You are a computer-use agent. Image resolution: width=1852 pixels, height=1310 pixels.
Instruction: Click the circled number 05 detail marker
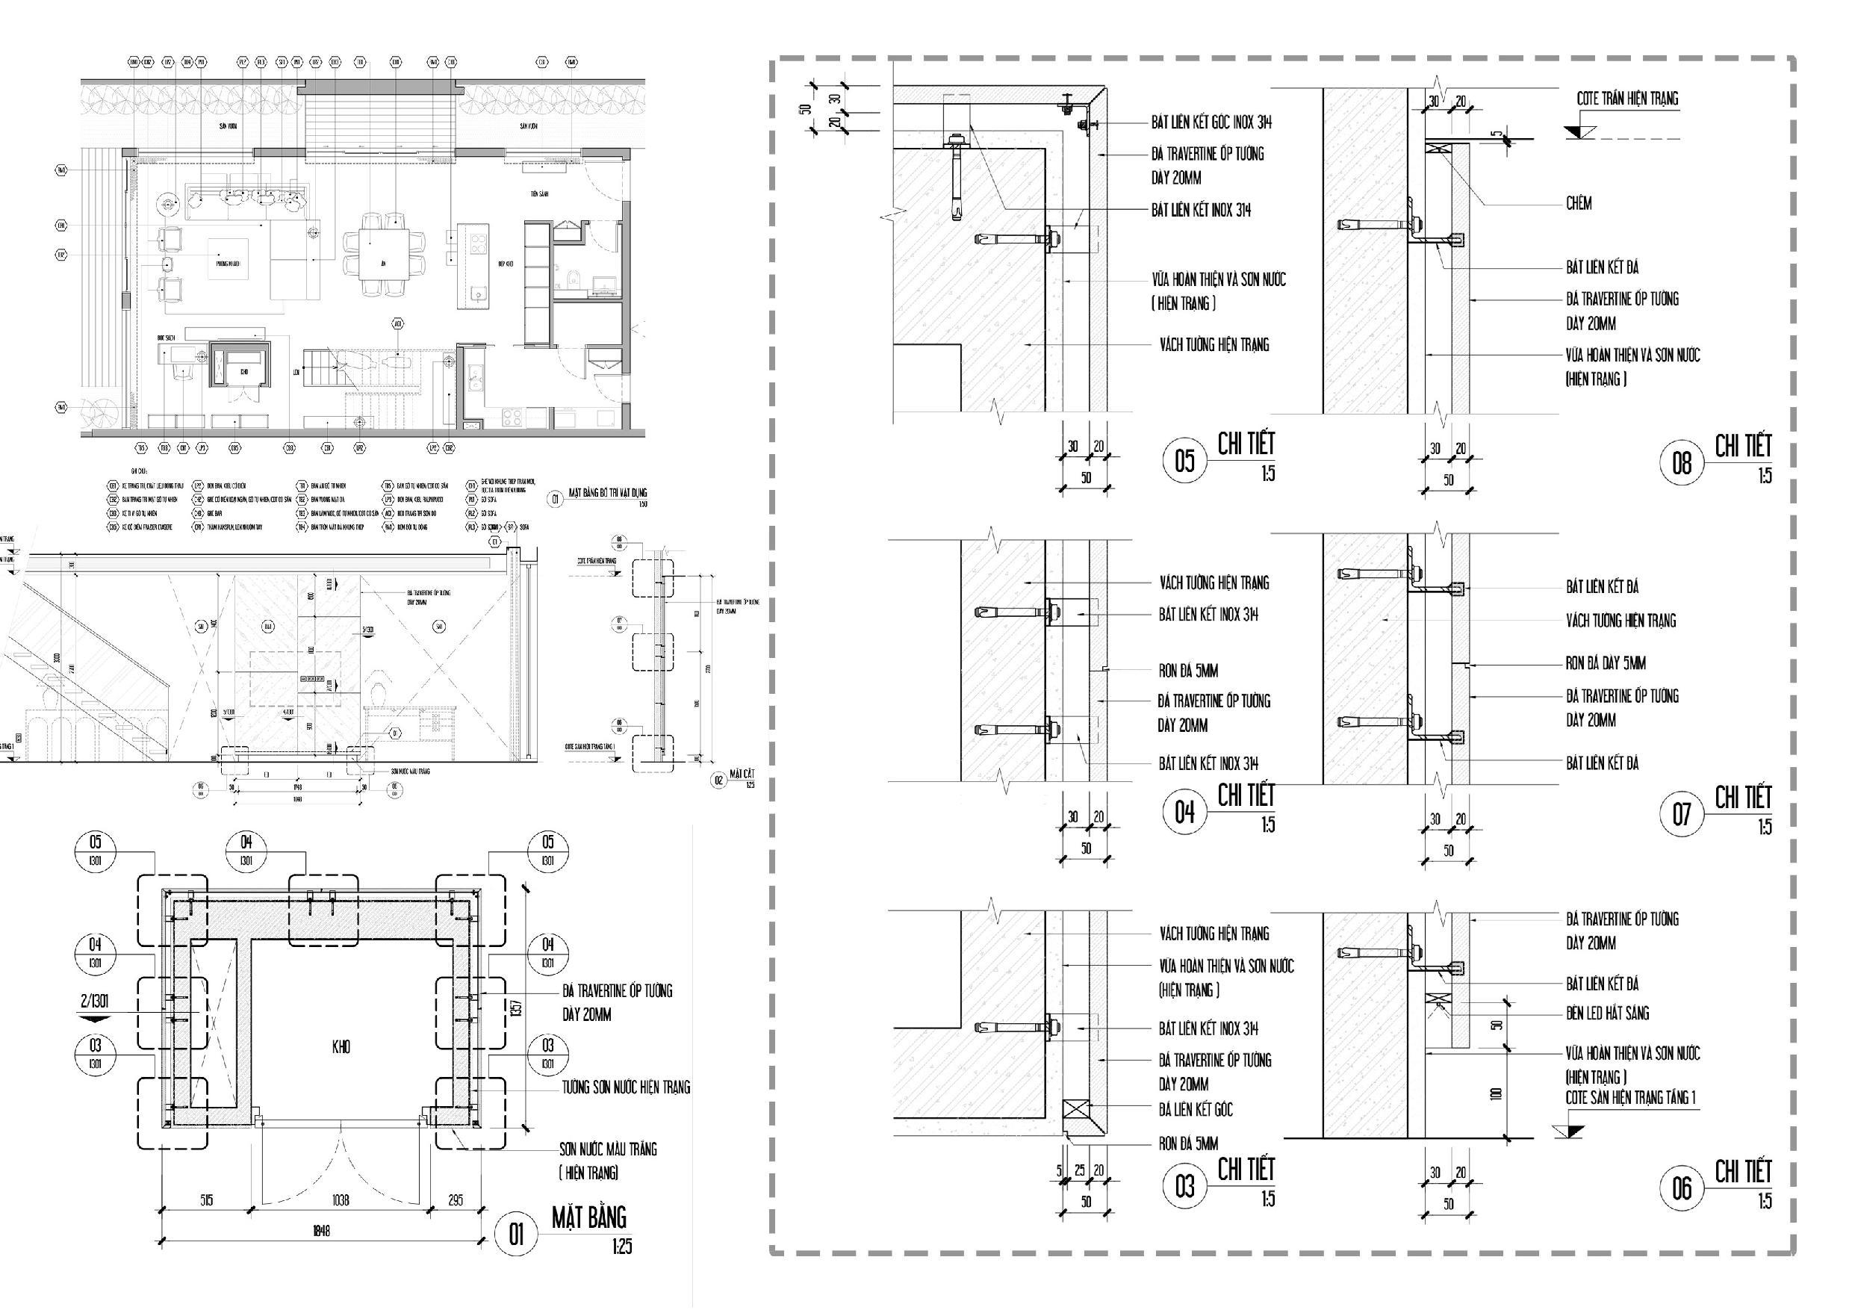pyautogui.click(x=1184, y=462)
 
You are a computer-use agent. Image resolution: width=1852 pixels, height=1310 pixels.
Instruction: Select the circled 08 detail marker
pyautogui.click(x=1681, y=463)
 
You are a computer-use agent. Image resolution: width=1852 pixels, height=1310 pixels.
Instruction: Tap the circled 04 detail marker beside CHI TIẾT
pyautogui.click(x=1184, y=813)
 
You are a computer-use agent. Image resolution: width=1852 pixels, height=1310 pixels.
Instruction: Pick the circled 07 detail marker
pyautogui.click(x=1681, y=814)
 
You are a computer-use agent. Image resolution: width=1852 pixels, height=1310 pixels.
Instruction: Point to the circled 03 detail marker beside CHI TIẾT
pyautogui.click(x=1184, y=1187)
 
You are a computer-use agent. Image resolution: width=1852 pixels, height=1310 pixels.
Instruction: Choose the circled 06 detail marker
pyautogui.click(x=1681, y=1188)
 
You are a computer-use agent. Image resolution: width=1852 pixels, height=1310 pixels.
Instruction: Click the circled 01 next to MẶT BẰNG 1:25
pyautogui.click(x=515, y=1235)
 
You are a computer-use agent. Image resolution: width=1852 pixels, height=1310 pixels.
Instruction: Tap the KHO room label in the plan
pyautogui.click(x=341, y=1048)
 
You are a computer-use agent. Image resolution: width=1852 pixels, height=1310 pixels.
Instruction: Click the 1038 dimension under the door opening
pyautogui.click(x=341, y=1200)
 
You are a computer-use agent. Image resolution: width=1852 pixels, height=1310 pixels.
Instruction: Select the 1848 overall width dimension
pyautogui.click(x=321, y=1231)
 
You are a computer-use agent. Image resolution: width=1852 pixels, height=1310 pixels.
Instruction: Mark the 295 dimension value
pyautogui.click(x=455, y=1200)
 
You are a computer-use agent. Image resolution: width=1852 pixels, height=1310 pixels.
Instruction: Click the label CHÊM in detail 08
pyautogui.click(x=1579, y=204)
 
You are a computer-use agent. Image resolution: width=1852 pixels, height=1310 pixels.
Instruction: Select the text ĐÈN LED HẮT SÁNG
pyautogui.click(x=1608, y=1013)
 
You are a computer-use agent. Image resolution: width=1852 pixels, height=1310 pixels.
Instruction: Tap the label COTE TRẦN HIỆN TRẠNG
pyautogui.click(x=1628, y=99)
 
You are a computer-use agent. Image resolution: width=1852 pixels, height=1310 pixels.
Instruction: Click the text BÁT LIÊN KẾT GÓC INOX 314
pyautogui.click(x=1211, y=122)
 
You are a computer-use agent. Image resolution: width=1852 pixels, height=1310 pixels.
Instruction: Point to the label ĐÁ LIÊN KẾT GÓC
pyautogui.click(x=1196, y=1110)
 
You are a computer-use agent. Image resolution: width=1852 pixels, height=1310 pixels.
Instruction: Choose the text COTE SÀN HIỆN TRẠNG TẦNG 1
pyautogui.click(x=1630, y=1098)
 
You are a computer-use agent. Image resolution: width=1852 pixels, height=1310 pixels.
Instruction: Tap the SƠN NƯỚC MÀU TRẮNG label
pyautogui.click(x=608, y=1149)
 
